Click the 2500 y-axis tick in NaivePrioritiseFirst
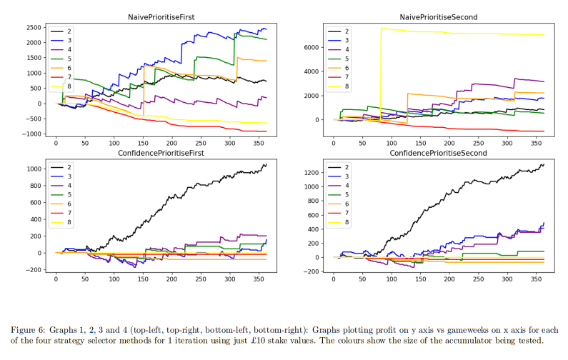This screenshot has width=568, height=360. pos(33,27)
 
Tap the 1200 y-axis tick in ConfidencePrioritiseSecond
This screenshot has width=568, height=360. pos(313,172)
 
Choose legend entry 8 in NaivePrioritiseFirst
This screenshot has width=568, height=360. pos(69,87)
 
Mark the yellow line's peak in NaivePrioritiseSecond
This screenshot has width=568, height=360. pos(382,29)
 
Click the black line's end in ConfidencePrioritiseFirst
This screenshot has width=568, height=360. pos(266,164)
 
